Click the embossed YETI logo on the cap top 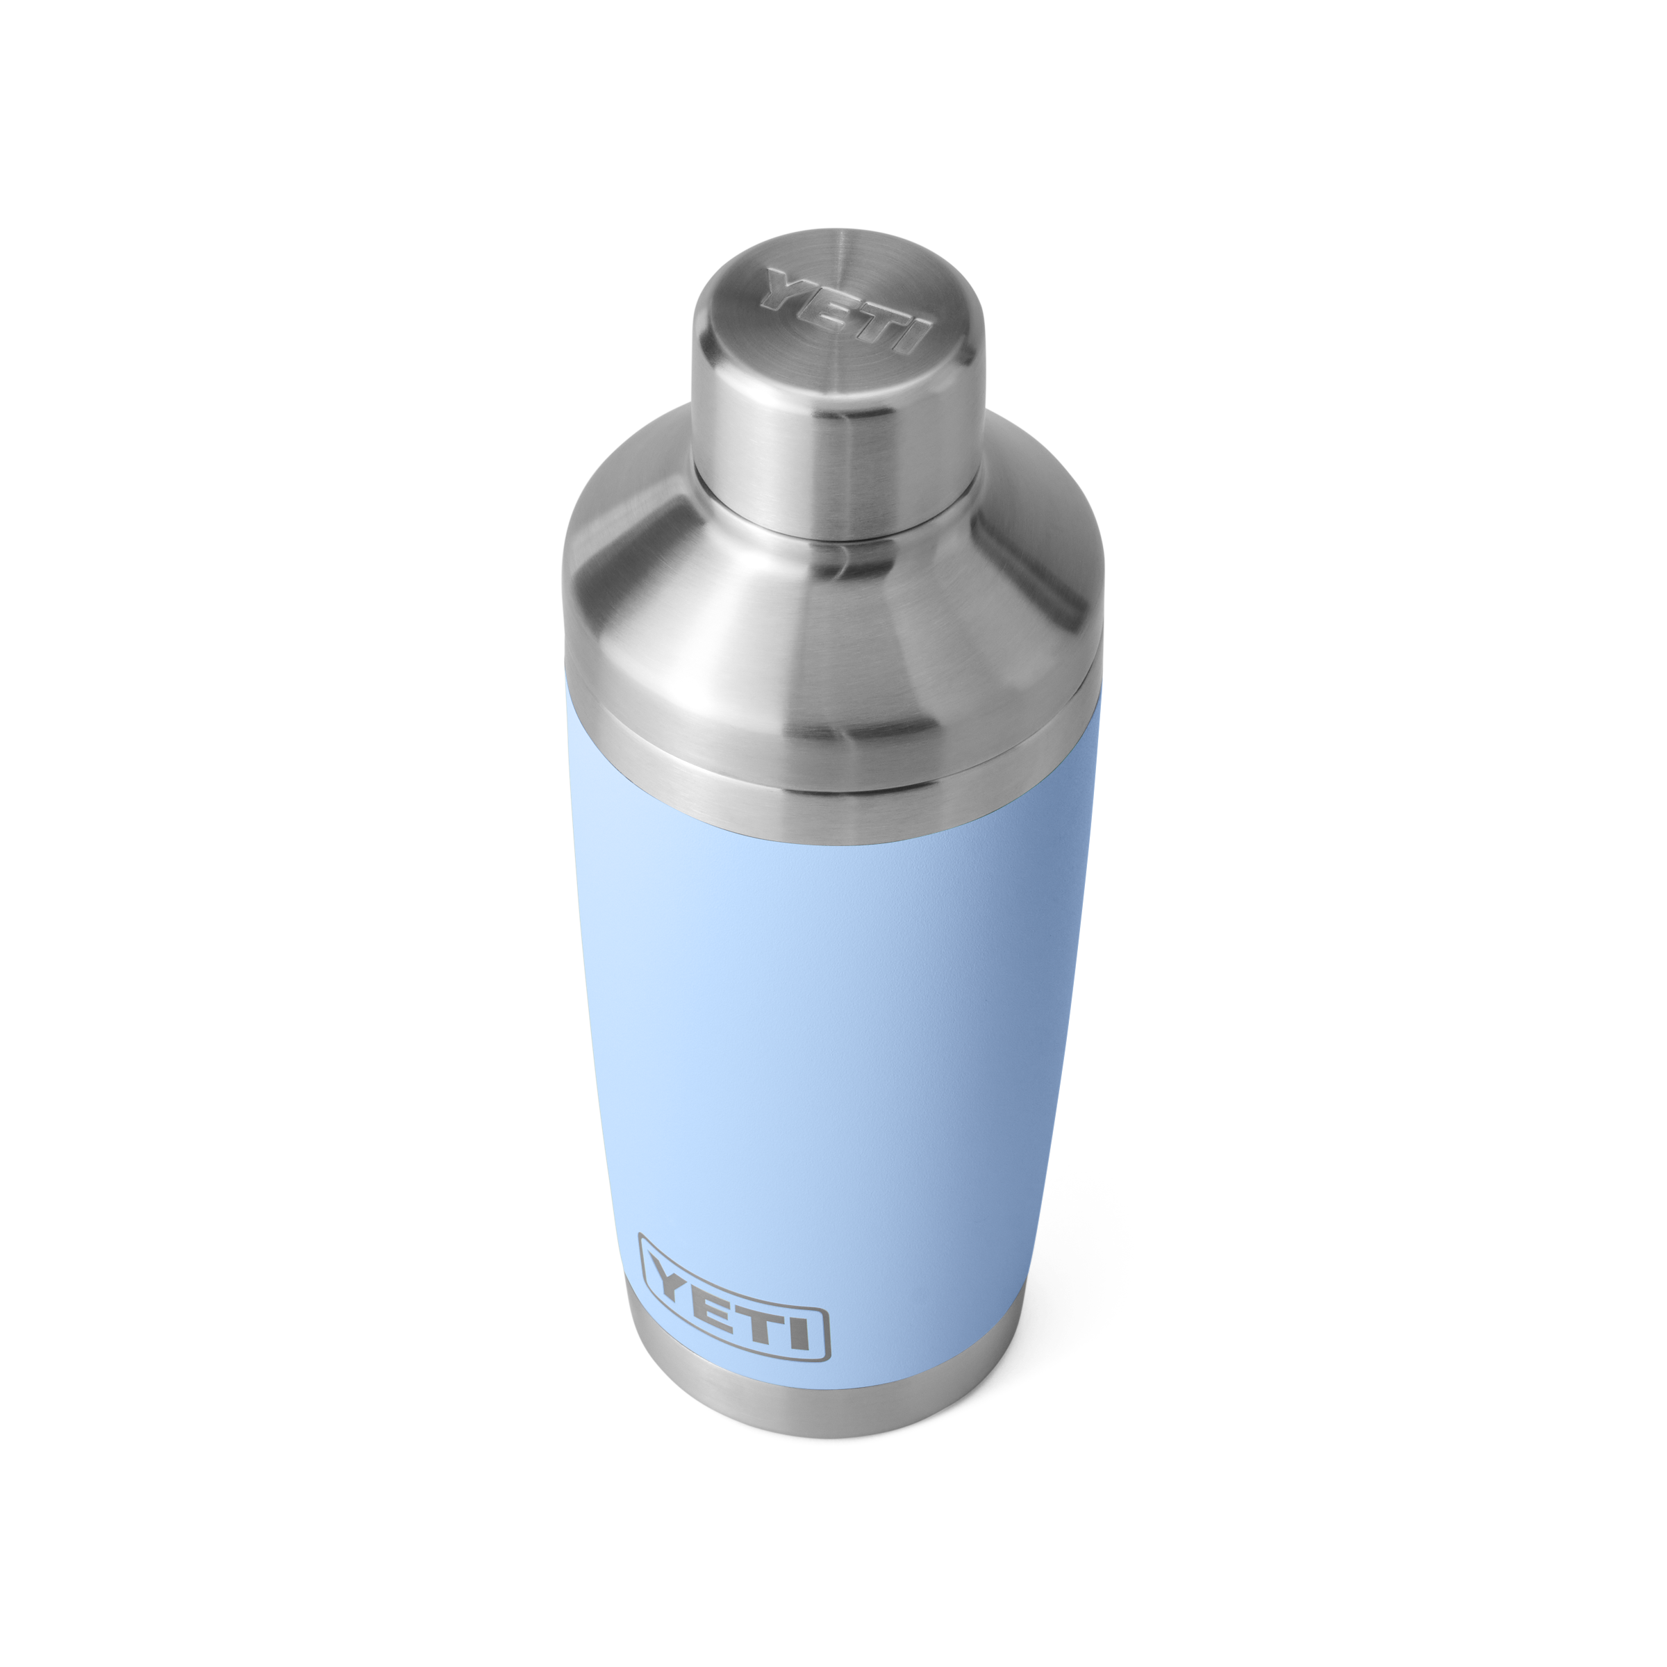tap(845, 311)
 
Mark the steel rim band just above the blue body tap(829, 777)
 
